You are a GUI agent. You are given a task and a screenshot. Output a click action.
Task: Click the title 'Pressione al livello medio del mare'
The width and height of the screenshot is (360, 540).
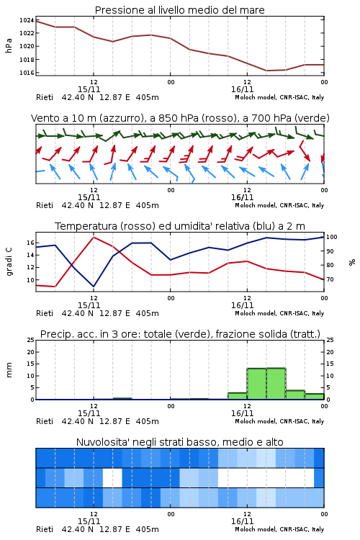click(x=179, y=10)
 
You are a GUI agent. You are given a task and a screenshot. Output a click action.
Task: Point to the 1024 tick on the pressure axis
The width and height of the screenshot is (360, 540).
click(x=27, y=20)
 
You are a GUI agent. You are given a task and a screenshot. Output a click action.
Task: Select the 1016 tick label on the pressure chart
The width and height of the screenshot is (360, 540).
click(x=27, y=73)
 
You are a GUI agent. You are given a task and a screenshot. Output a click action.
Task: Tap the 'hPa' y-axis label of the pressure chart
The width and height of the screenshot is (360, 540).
click(x=9, y=46)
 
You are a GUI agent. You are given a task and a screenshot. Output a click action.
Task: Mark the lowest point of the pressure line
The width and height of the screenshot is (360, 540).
click(x=266, y=71)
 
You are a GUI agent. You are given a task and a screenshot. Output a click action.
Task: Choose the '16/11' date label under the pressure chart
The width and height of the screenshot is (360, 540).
click(x=242, y=89)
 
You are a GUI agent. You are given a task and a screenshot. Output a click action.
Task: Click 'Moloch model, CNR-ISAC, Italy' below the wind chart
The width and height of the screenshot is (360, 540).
click(x=279, y=205)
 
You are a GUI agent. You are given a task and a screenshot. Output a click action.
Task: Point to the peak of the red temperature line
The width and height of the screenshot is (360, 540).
click(x=94, y=237)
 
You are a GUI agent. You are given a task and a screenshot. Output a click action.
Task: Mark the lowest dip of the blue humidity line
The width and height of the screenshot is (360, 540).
click(x=94, y=287)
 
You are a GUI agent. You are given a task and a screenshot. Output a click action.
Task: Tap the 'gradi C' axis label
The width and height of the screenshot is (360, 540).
click(x=9, y=262)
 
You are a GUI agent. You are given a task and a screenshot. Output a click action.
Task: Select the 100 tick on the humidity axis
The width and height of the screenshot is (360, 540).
click(x=331, y=237)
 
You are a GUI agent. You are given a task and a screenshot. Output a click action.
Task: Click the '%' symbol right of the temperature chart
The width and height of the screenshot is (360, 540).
click(x=352, y=262)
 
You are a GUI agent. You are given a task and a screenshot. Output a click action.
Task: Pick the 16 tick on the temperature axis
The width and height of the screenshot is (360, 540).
click(x=30, y=243)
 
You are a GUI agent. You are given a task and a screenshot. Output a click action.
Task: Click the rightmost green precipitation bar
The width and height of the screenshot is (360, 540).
click(x=315, y=397)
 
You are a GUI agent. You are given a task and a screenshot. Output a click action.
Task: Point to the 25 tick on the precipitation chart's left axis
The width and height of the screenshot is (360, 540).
click(x=30, y=340)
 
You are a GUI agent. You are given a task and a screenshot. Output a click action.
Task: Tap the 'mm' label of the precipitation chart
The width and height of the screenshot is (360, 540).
click(x=9, y=369)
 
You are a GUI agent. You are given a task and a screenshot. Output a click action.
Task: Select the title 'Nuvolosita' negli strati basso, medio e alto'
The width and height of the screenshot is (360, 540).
click(x=179, y=442)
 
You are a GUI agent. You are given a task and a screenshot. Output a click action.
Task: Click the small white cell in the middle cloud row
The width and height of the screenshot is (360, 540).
click(x=112, y=478)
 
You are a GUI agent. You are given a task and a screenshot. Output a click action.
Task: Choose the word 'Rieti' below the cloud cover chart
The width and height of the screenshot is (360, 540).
click(x=45, y=529)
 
